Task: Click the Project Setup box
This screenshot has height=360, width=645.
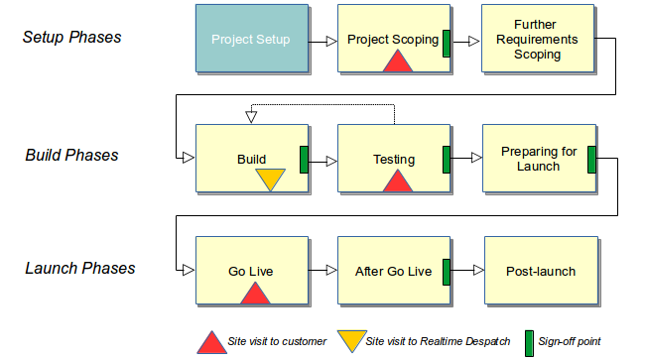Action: (x=251, y=40)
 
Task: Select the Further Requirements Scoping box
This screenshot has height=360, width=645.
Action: (x=538, y=40)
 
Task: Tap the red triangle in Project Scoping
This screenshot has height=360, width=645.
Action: (x=397, y=61)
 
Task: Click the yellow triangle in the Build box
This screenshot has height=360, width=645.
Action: (x=270, y=180)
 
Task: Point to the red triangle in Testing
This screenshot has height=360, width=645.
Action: (x=397, y=181)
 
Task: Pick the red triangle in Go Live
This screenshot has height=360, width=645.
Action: (x=255, y=293)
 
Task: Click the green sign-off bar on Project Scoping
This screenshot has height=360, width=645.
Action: (x=447, y=42)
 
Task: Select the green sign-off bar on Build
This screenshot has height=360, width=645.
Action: (x=304, y=159)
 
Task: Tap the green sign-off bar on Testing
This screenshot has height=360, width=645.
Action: (x=447, y=159)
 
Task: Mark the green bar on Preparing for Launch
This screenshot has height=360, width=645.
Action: (x=590, y=159)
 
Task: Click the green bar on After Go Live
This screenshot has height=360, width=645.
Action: (x=447, y=271)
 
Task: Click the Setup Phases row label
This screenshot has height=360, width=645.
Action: (x=71, y=38)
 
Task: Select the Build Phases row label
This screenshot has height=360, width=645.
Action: (x=71, y=155)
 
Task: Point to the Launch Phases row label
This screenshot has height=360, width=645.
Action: (x=79, y=268)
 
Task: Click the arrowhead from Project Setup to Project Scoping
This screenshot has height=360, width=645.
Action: (x=328, y=42)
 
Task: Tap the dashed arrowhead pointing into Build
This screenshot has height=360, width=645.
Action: (x=251, y=118)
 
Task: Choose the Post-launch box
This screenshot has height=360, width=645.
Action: (x=541, y=271)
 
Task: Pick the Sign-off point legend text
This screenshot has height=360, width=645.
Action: (x=569, y=342)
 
